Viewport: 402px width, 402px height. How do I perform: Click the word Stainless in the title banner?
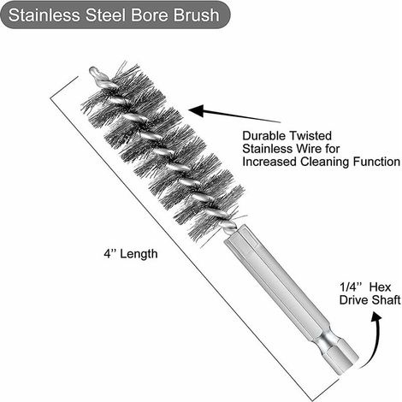point(44,15)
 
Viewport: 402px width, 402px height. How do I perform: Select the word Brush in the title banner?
point(197,15)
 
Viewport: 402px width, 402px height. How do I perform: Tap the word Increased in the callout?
point(269,162)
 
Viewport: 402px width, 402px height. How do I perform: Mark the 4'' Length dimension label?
point(131,253)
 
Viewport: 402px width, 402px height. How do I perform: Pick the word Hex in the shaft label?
point(381,287)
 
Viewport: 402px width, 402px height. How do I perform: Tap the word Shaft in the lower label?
point(385,300)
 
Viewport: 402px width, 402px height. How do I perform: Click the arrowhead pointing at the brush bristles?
point(198,111)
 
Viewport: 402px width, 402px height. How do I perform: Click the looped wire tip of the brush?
point(94,71)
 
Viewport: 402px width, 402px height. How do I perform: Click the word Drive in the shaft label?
point(352,300)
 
